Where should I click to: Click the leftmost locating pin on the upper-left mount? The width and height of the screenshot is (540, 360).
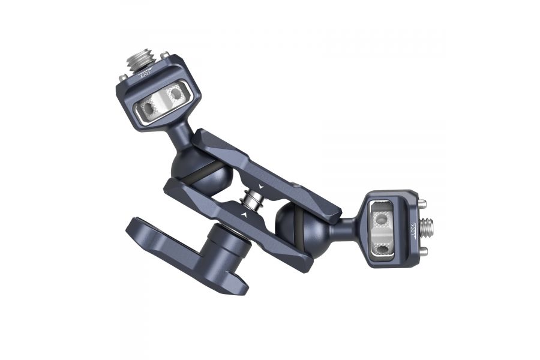pyautogui.click(x=122, y=77)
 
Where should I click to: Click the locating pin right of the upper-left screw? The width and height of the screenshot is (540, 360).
pyautogui.click(x=164, y=56)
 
